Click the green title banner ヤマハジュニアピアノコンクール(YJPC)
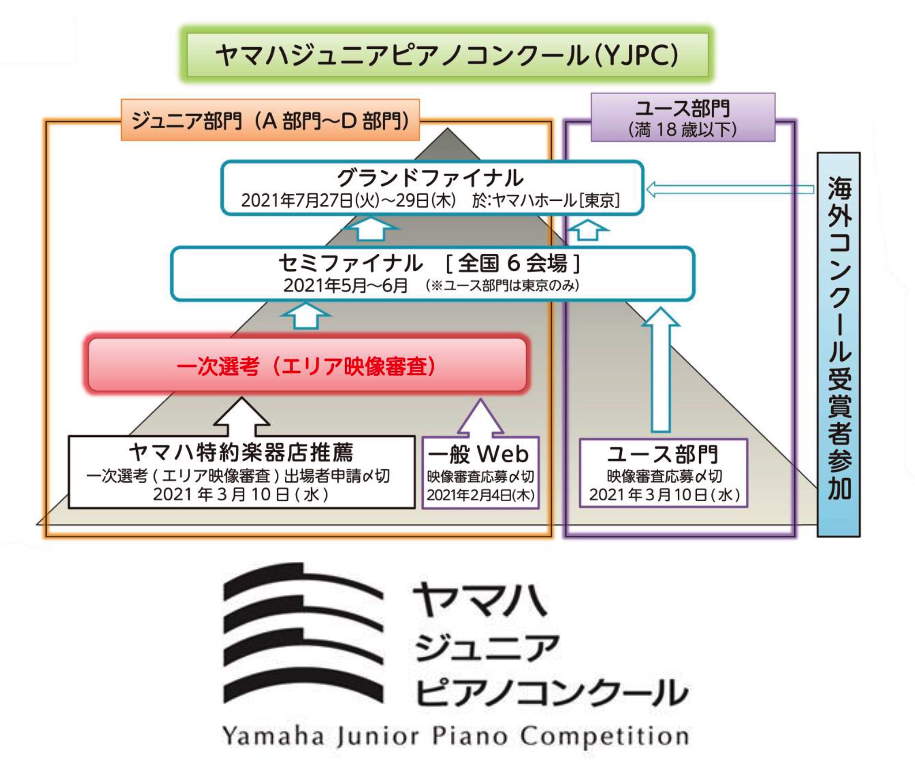tap(447, 55)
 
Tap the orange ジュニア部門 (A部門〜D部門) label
tap(270, 121)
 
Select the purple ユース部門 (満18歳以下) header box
tap(682, 118)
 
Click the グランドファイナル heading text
tap(430, 178)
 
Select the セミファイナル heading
tap(350, 263)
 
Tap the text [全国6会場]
tap(513, 263)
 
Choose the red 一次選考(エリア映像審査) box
tap(307, 365)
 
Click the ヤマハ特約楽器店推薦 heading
tap(241, 452)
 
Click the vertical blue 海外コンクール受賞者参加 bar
tap(838, 344)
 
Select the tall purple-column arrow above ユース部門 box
tap(661, 369)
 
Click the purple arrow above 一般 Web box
tap(480, 417)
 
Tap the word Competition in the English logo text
tap(604, 736)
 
